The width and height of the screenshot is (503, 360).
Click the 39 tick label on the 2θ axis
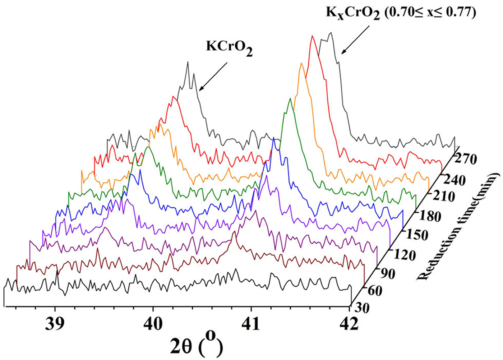coord(55,324)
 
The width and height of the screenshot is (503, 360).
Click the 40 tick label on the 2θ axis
coord(153,324)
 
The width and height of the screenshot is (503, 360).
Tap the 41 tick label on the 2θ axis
coord(251,324)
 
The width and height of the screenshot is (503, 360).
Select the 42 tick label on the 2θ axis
coord(349,324)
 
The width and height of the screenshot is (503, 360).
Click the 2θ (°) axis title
coord(197,347)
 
